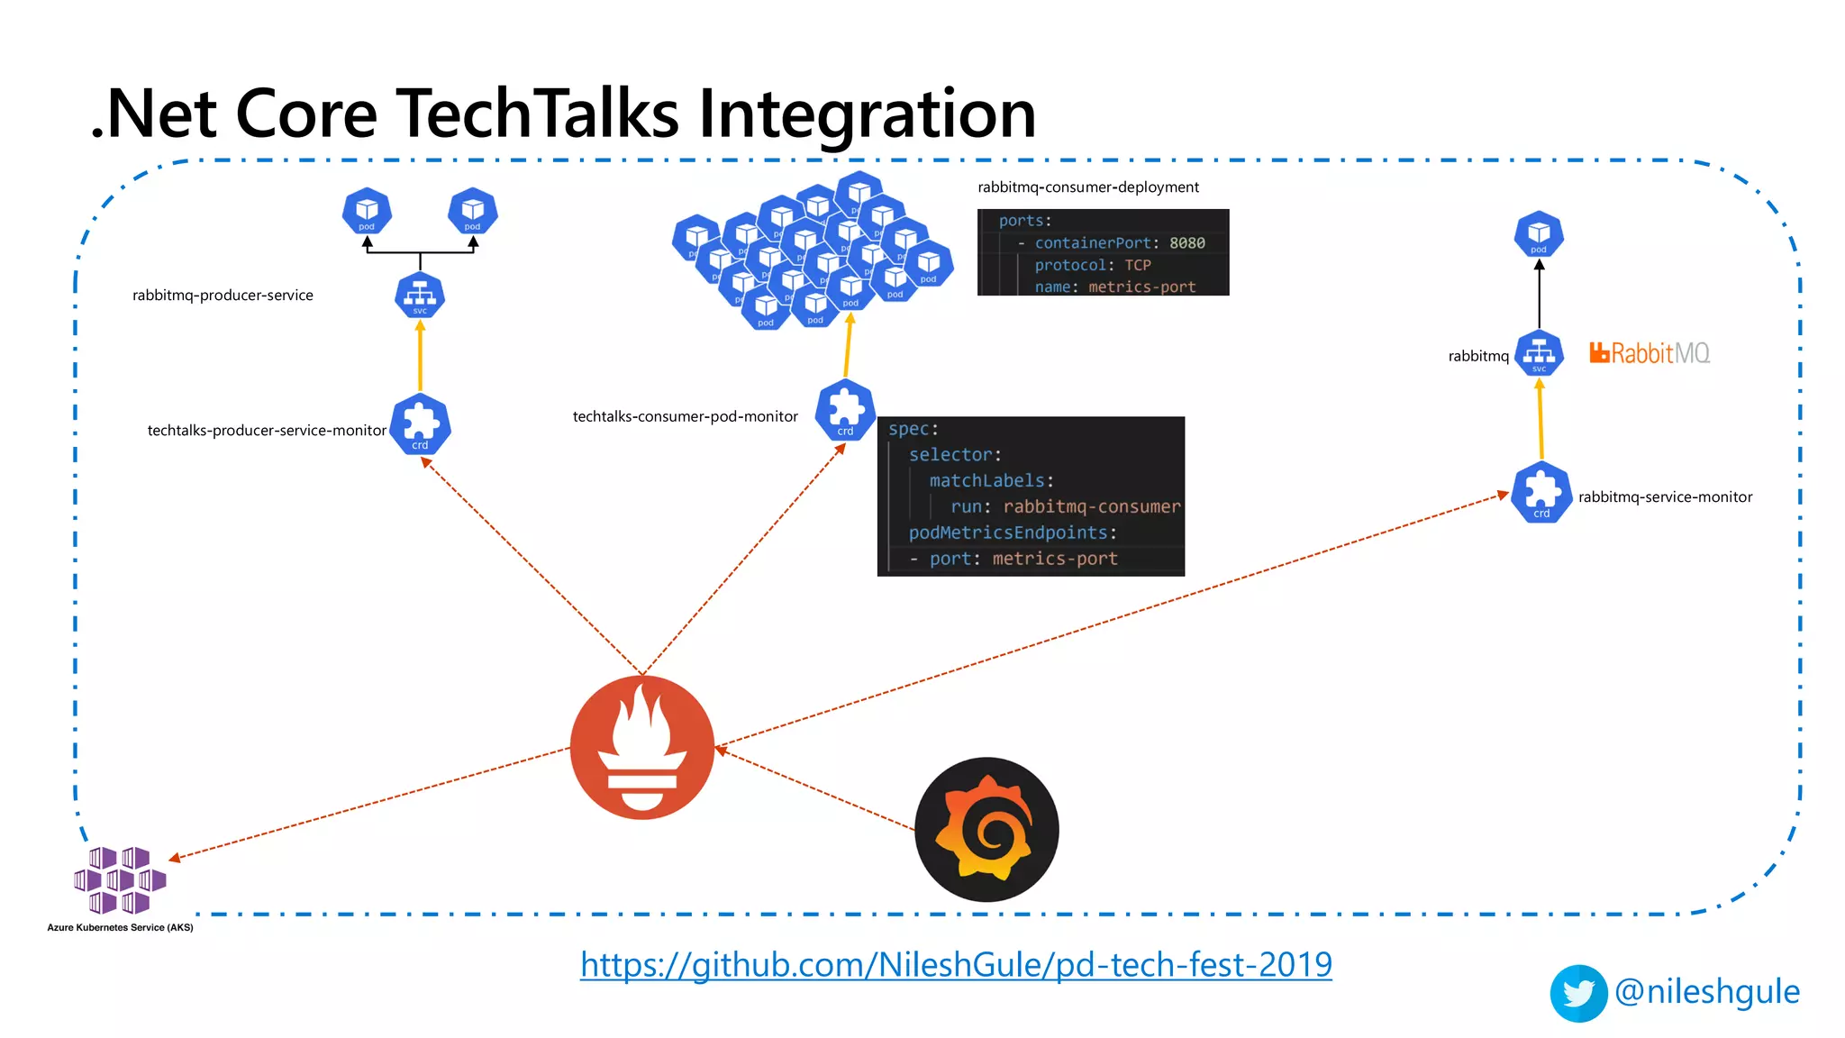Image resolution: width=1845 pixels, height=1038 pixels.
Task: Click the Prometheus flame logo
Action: [641, 746]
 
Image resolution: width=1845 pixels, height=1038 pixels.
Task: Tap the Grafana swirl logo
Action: [986, 829]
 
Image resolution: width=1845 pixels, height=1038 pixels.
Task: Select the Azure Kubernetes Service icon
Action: [120, 879]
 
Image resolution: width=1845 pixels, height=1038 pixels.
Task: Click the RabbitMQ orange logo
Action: [1649, 353]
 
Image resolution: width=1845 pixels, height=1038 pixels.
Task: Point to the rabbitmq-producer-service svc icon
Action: [420, 295]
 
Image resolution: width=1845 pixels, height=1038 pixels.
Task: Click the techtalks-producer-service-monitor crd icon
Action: [421, 423]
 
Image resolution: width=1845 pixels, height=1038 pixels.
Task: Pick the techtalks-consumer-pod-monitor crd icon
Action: [845, 410]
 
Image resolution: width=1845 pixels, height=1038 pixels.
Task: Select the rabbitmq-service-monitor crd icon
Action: [1541, 492]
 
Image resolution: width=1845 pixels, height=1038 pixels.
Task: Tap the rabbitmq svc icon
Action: [1539, 353]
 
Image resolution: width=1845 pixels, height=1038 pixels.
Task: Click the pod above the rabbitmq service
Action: [1539, 234]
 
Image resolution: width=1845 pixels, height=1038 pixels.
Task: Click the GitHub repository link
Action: [956, 965]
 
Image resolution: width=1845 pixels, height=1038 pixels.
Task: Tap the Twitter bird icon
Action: [1578, 993]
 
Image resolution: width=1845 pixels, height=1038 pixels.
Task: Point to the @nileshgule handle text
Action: [1707, 991]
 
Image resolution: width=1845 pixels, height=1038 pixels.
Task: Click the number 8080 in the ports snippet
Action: [1186, 243]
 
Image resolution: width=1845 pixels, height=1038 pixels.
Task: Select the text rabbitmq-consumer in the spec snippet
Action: [1091, 506]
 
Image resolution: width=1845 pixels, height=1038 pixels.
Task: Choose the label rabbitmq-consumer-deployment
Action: [1087, 187]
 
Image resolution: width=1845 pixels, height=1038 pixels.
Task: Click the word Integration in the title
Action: [867, 114]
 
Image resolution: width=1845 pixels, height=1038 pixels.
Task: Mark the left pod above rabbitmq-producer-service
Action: [367, 211]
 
